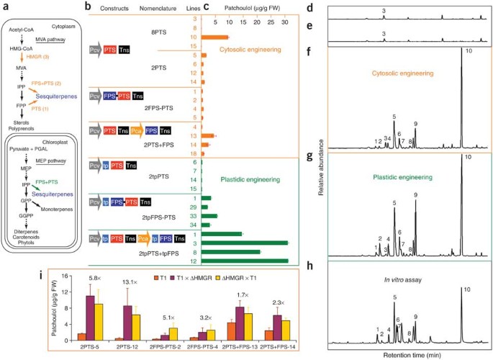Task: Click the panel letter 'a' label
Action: (6, 8)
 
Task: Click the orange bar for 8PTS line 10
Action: (214, 37)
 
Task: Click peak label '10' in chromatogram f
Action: (469, 51)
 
